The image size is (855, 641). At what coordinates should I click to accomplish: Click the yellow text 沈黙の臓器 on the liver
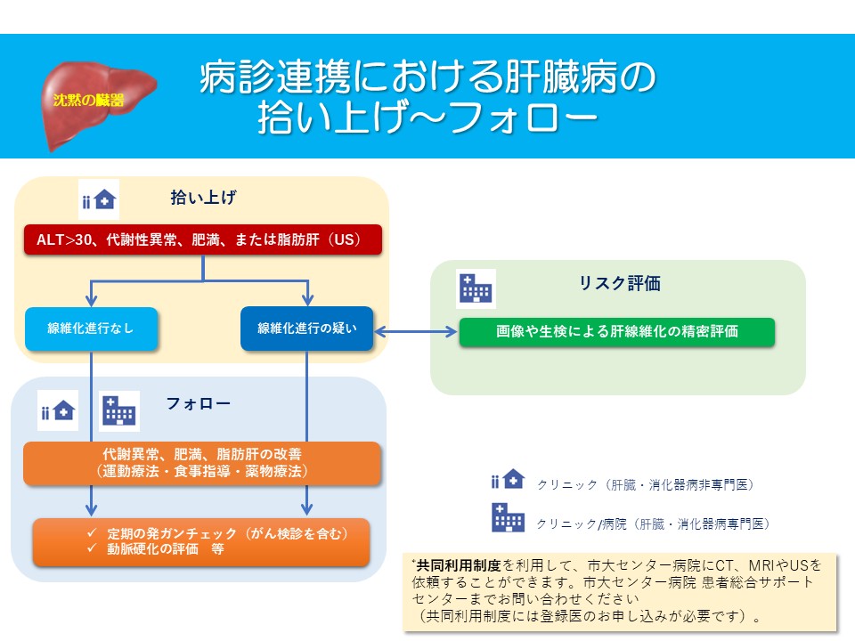coord(89,100)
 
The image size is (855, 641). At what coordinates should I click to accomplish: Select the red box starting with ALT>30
coord(203,239)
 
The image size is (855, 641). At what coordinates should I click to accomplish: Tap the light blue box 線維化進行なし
coord(91,329)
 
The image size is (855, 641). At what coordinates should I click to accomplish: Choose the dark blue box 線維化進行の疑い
coord(307,329)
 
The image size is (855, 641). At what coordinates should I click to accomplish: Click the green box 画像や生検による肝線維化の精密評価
coord(616,331)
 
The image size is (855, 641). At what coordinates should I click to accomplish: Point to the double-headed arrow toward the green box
coord(416,331)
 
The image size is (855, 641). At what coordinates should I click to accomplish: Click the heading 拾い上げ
coord(203,198)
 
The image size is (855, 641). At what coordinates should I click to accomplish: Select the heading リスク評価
coord(620,283)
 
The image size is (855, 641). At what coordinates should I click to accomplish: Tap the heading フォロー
coord(198,403)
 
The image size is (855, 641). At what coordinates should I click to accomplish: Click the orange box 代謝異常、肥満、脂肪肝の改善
coord(202,463)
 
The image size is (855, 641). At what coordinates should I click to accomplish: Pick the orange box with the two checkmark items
coord(201,542)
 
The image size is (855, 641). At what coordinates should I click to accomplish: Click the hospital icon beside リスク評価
coord(476,288)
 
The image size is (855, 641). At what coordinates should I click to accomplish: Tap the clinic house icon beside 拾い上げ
coord(99,199)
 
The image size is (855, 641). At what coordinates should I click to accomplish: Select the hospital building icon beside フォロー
coord(119,410)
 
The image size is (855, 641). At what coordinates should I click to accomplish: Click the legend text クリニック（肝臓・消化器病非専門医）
coord(646,484)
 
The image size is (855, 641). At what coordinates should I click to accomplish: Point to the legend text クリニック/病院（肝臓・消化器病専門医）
coord(653,523)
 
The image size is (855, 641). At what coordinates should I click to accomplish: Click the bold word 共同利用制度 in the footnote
coord(459,565)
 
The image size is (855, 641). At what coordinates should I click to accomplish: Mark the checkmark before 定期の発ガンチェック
coord(92,533)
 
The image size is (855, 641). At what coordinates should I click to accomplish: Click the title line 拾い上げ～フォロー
coord(428,118)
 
